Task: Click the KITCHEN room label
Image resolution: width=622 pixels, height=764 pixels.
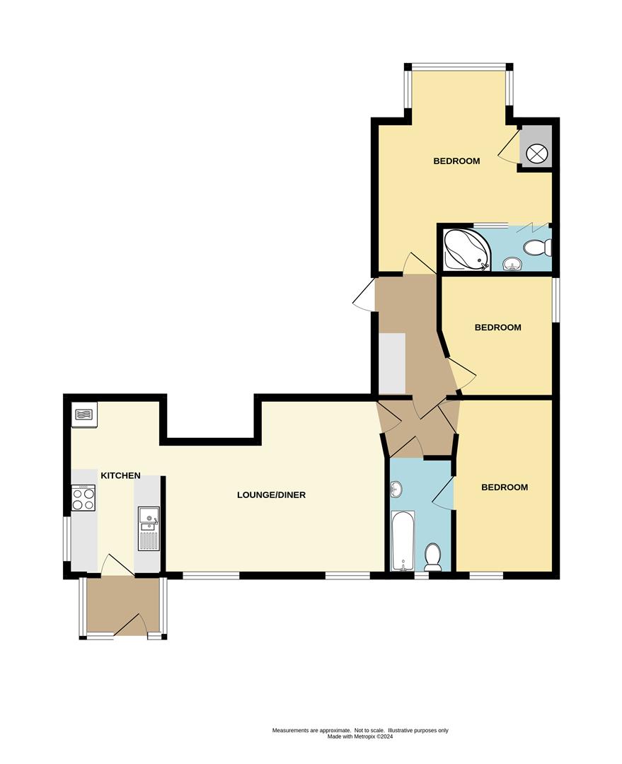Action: tap(120, 476)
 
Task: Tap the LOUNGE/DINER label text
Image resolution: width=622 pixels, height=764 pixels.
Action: tap(271, 495)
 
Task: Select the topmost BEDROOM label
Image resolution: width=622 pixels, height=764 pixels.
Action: tap(456, 161)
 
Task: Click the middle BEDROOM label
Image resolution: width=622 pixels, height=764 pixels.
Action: tap(497, 328)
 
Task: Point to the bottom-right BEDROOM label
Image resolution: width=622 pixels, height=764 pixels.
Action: tap(505, 487)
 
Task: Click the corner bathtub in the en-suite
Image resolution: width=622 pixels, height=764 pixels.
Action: tap(463, 249)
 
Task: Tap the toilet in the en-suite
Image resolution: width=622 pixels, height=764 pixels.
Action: tap(538, 248)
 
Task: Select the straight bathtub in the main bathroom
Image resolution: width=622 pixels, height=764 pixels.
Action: tap(402, 540)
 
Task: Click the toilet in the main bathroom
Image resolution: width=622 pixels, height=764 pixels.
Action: tap(432, 557)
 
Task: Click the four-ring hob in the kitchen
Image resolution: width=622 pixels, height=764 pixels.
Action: tap(83, 498)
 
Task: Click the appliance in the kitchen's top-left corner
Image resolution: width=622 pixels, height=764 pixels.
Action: tap(84, 415)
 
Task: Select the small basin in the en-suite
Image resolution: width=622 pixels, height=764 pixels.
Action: tap(511, 265)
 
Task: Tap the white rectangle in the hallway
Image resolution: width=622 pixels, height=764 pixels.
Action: tap(392, 363)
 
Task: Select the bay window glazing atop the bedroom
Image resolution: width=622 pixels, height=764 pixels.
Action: tap(459, 68)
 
